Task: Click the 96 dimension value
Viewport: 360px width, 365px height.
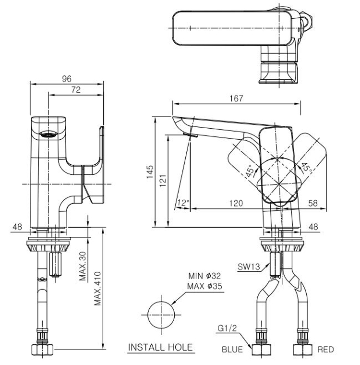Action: tap(67, 79)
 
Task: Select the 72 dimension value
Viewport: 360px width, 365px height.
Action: tap(75, 90)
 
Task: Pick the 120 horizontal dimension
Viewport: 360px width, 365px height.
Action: tap(236, 203)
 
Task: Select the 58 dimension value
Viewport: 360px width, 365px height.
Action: tap(313, 203)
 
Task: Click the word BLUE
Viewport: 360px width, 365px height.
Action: tap(232, 350)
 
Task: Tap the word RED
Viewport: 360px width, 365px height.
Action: tap(325, 350)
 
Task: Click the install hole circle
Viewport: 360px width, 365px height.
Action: tap(161, 315)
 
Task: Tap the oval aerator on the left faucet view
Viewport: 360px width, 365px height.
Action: tap(47, 135)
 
